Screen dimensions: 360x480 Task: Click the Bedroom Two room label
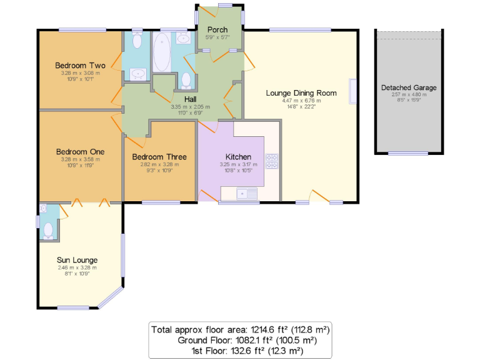(x=79, y=65)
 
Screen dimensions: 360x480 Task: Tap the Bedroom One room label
(x=79, y=151)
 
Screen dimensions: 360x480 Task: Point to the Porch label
(x=216, y=29)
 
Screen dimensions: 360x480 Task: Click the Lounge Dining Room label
(x=301, y=93)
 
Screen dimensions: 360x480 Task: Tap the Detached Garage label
(x=409, y=87)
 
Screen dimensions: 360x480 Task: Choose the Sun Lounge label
(x=77, y=260)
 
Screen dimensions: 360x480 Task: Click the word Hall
(x=191, y=99)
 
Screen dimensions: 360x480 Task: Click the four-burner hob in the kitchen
(x=272, y=161)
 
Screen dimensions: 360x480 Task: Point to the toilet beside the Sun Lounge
(x=48, y=229)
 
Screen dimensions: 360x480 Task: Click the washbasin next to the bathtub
(x=184, y=39)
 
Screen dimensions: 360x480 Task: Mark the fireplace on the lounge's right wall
(x=353, y=91)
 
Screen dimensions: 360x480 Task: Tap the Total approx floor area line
(x=240, y=329)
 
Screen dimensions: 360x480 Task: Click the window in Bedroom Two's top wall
(x=82, y=29)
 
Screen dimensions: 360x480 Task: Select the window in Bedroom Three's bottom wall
(x=152, y=202)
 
